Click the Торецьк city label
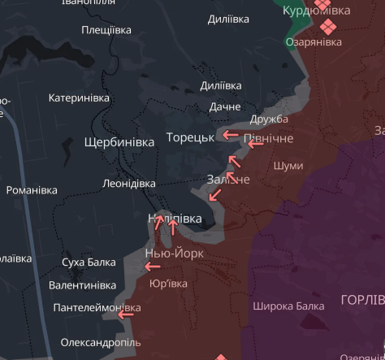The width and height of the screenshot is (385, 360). click(x=190, y=137)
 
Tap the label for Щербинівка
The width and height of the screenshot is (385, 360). click(x=119, y=142)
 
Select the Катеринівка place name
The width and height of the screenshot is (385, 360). click(x=79, y=98)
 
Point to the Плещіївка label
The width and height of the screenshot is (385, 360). click(x=106, y=30)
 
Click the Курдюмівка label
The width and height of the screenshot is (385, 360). click(x=317, y=11)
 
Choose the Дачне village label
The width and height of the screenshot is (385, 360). click(x=225, y=106)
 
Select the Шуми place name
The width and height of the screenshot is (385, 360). click(x=288, y=166)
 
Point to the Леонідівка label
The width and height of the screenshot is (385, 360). click(x=129, y=184)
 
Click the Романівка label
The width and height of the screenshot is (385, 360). click(x=32, y=190)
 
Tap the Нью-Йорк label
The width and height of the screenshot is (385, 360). click(x=174, y=254)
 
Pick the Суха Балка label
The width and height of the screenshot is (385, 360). click(x=89, y=262)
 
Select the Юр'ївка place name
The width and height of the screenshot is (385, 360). click(x=169, y=284)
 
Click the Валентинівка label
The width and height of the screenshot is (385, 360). click(x=83, y=285)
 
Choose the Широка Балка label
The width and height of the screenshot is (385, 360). click(x=288, y=306)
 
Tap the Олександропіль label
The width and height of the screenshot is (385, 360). click(x=101, y=343)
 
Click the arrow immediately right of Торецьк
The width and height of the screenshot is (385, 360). click(x=231, y=136)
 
